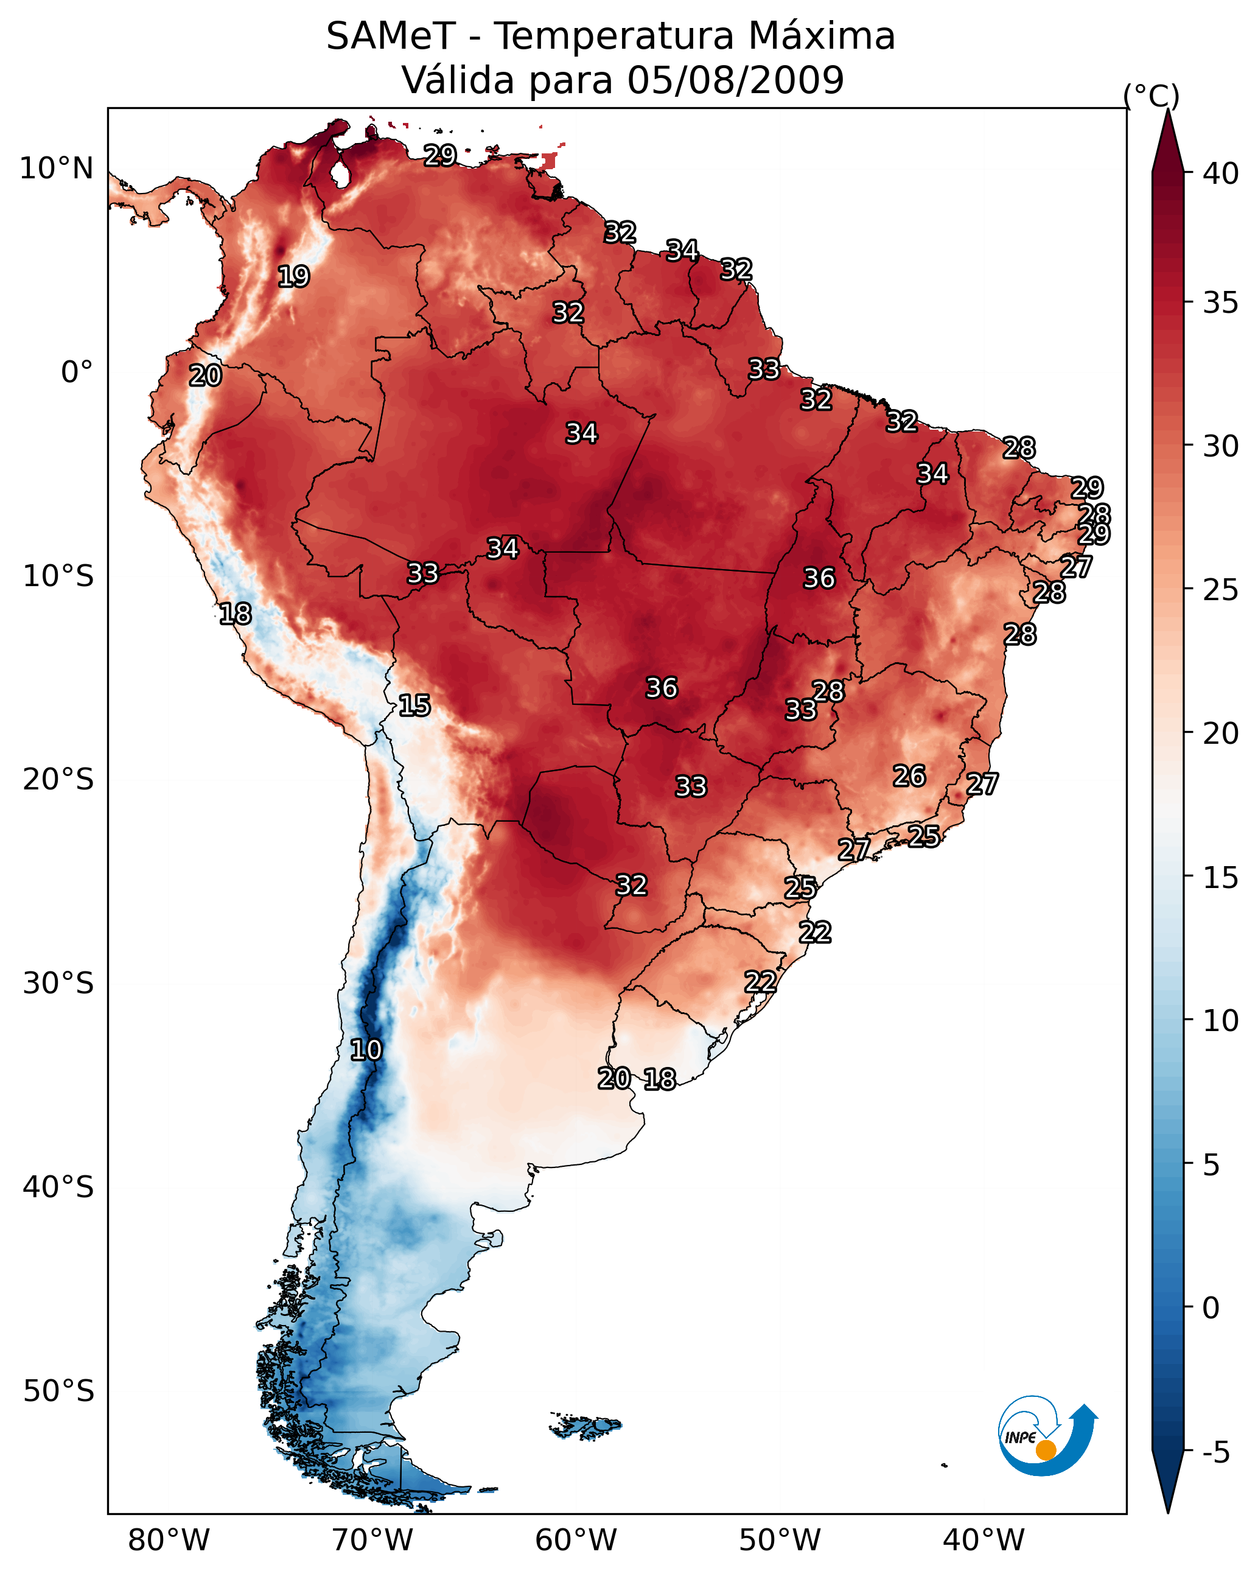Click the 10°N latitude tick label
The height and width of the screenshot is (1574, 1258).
click(x=56, y=169)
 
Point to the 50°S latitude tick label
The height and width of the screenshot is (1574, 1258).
click(x=58, y=1391)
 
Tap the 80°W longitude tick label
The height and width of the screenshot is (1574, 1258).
click(x=169, y=1540)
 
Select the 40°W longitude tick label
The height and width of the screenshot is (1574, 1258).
click(x=984, y=1540)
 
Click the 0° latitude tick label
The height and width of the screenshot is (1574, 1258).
click(x=77, y=373)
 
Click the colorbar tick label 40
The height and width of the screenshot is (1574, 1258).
click(x=1221, y=173)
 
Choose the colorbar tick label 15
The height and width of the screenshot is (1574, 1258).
click(x=1221, y=878)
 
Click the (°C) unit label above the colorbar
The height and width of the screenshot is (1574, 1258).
click(x=1151, y=96)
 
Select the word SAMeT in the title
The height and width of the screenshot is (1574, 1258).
click(x=391, y=36)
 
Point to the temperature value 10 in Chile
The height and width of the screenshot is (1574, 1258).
click(x=366, y=1050)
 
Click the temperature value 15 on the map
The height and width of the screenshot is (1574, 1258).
click(x=414, y=705)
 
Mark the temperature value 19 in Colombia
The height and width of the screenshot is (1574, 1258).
click(x=293, y=277)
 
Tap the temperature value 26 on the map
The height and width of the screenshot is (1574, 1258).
click(x=909, y=776)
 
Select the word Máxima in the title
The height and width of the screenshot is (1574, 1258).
click(x=820, y=36)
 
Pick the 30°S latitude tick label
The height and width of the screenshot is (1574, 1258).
click(x=58, y=984)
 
